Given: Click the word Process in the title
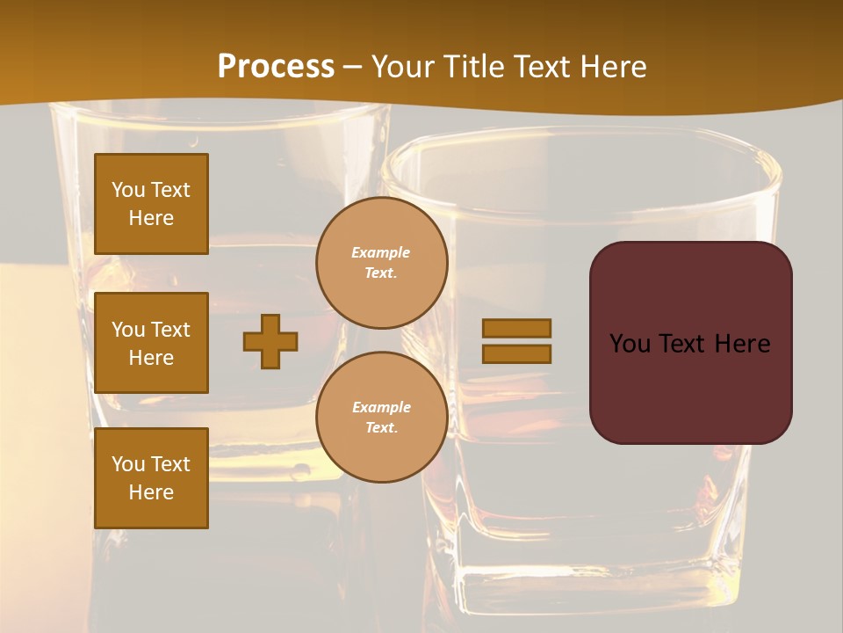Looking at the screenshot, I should tap(276, 67).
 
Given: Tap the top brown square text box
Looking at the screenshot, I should tap(151, 204).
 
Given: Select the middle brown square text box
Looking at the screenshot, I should tap(151, 343).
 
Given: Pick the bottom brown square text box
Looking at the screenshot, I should tap(151, 478).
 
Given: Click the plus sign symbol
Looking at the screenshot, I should tap(270, 341).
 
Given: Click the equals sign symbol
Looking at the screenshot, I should tap(516, 341).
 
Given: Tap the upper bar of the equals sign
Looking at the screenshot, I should tap(516, 328).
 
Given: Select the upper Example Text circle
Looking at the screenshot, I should tap(381, 263).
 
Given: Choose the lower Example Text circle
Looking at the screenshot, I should tap(381, 418).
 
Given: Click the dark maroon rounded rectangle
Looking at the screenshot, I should tap(690, 343).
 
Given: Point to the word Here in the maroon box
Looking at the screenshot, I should tap(742, 344).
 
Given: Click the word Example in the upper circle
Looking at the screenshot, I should tap(381, 253).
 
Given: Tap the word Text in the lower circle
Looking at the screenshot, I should tap(381, 428).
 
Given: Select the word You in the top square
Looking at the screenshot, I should tap(128, 190).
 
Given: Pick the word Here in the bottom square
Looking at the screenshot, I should tap(151, 492).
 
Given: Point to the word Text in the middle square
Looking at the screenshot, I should tap(170, 330).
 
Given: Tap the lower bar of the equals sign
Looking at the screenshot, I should tap(516, 354).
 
